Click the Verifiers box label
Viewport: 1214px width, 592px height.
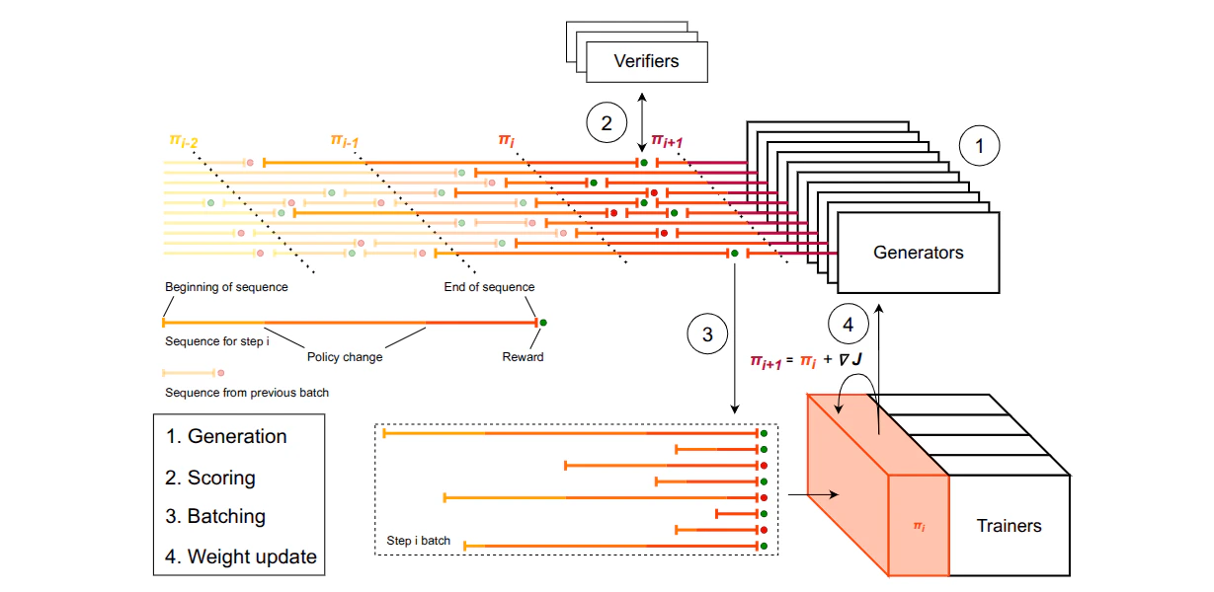tap(646, 61)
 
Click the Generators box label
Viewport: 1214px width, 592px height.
tap(918, 253)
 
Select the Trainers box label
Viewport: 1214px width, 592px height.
tap(1009, 526)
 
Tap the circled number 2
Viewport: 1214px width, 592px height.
tap(607, 122)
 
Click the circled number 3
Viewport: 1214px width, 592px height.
tap(706, 334)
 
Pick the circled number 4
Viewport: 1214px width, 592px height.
tap(847, 323)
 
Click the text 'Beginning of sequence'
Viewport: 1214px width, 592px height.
tap(226, 287)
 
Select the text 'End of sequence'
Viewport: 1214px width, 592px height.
tap(489, 287)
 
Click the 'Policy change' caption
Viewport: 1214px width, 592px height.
tap(344, 357)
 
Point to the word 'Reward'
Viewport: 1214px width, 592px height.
tap(523, 357)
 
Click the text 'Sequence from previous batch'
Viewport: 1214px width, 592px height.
tap(246, 393)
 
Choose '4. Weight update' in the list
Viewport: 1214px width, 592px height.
tap(240, 556)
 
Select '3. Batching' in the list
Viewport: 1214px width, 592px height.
tap(214, 516)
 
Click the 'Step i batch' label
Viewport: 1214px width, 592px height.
tap(420, 542)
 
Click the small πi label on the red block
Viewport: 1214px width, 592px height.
tap(918, 528)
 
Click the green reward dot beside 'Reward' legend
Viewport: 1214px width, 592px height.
tap(543, 322)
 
